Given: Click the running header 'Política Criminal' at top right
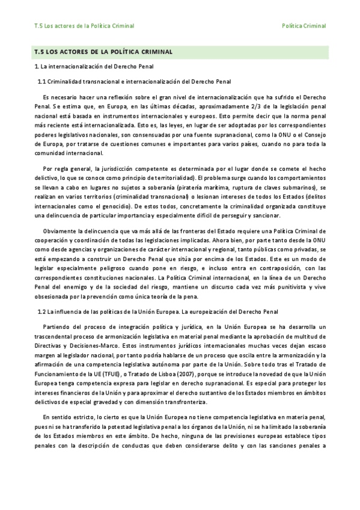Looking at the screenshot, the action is tap(304, 26).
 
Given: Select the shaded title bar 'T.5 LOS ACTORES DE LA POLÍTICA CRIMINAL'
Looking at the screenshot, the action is tap(104, 52).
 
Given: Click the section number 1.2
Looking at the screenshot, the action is tap(41, 311).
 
